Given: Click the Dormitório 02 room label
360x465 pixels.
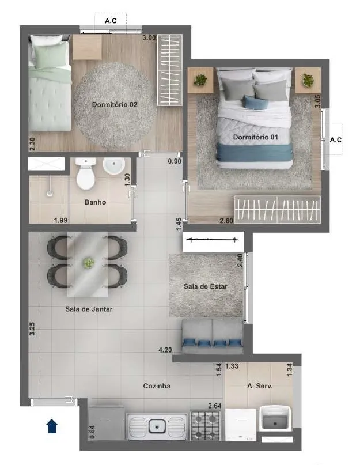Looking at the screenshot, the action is coord(115,104).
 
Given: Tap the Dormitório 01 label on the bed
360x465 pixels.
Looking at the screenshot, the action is coord(256,137).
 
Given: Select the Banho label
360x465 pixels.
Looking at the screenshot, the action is coord(95,202).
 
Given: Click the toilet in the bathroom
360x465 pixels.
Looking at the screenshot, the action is coord(86,173).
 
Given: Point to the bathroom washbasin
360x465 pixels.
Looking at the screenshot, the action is coord(114,166).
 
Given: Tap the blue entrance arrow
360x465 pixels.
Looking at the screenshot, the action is coord(52,426).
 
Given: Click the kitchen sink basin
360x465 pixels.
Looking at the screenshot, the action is coord(157,426).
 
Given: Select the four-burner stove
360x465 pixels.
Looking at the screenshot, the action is coord(205,426).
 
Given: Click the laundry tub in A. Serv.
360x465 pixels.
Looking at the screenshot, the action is coord(275,418).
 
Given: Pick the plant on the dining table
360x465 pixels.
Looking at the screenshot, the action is coord(88,263).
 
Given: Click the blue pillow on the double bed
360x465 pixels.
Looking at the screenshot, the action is coord(255,103).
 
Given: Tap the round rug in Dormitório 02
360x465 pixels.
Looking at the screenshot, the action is coord(115,105).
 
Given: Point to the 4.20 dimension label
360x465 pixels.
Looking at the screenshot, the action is coord(165,350).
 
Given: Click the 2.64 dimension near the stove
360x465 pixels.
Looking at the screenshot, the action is coord(215,406).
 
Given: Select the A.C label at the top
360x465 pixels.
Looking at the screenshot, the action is coord(111,21).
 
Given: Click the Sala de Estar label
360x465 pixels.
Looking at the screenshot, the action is coord(206,286).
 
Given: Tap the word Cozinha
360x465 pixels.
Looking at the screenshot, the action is coord(157,386).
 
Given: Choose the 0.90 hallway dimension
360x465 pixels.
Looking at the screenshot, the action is coord(175,161).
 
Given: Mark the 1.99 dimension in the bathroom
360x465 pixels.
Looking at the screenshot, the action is coord(61,220).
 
